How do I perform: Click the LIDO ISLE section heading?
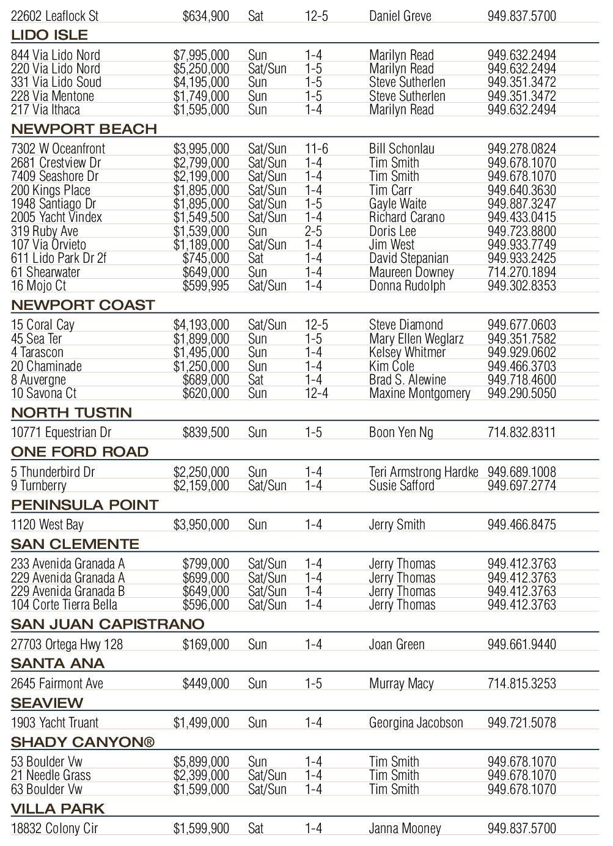50,35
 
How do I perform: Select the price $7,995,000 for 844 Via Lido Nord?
201,56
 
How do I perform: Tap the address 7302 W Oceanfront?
58,149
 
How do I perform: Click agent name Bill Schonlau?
402,149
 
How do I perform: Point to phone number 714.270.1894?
521,273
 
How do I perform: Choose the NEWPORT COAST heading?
83,305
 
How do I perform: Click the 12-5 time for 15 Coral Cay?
316,325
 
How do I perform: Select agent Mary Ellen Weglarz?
416,339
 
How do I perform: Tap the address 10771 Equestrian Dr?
61,433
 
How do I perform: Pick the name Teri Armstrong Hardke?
424,473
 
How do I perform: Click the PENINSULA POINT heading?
85,505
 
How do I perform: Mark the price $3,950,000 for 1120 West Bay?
201,525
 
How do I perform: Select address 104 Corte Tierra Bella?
64,605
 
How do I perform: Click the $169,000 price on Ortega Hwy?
205,645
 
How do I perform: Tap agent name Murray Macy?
401,684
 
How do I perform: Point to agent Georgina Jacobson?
416,723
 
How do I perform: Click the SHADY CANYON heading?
83,742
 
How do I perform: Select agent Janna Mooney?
405,829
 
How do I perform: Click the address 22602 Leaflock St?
54,16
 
